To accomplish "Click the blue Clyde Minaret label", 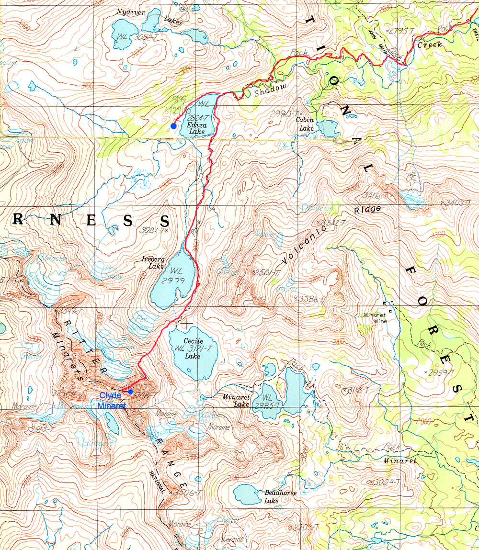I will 111,400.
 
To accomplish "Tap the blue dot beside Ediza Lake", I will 173,126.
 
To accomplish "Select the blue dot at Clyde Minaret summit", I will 130,392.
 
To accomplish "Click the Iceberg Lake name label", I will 153,263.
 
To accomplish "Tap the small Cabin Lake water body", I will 329,128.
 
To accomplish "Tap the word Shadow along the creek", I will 270,90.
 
